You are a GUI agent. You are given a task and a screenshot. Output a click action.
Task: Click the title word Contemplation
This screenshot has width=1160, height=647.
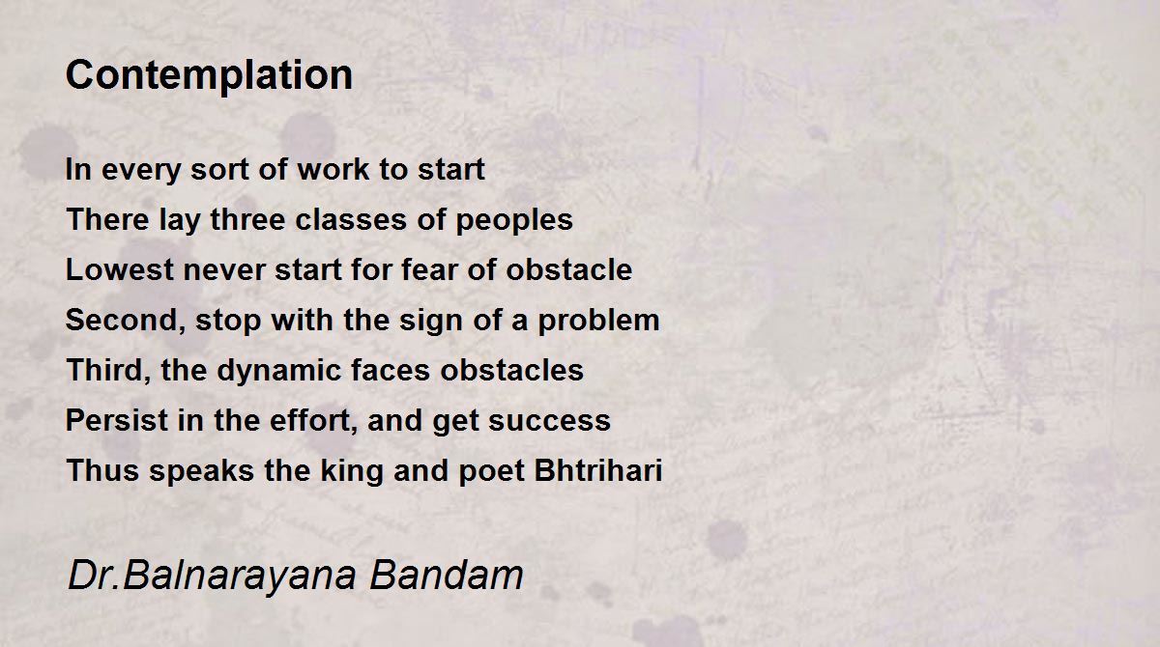point(209,75)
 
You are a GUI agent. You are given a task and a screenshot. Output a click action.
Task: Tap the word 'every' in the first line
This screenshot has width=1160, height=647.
point(141,170)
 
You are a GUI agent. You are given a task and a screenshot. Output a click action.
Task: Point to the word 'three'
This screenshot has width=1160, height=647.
point(247,219)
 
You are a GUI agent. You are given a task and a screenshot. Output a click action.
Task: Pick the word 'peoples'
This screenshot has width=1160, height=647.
point(514,221)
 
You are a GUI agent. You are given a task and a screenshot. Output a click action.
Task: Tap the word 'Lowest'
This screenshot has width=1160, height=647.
point(120,269)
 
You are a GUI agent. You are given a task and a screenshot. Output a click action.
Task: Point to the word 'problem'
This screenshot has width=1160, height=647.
point(598,322)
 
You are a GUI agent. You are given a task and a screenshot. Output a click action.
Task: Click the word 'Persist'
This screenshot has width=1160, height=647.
point(117,420)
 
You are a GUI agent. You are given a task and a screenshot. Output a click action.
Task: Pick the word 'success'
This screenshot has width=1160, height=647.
point(549,421)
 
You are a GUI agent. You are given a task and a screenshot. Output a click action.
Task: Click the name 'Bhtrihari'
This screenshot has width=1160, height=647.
point(598,470)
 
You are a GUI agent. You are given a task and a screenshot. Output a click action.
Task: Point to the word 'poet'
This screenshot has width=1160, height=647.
point(492,471)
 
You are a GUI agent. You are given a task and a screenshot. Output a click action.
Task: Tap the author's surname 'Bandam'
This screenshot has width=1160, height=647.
point(447,575)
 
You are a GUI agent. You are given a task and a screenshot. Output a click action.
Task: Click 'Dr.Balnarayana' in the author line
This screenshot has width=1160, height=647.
point(213,577)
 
